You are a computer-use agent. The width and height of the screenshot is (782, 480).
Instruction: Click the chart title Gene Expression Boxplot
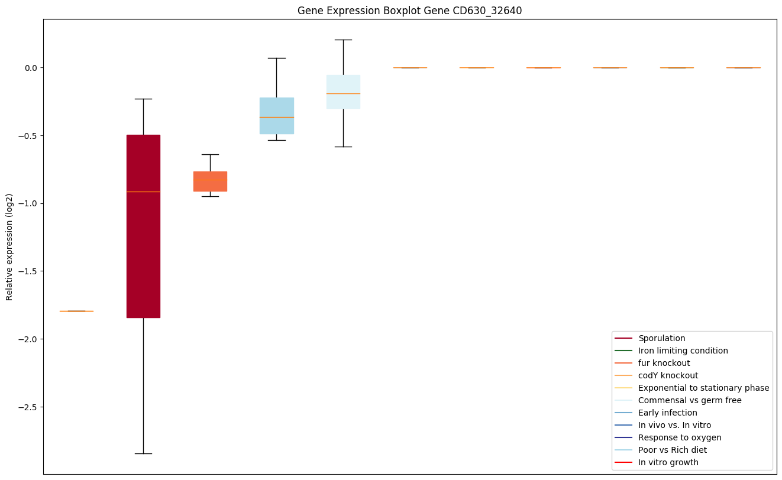coord(409,11)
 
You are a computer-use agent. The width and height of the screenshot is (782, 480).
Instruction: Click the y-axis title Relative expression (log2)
coord(9,247)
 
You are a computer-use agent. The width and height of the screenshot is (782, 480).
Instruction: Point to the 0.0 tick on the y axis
coord(30,68)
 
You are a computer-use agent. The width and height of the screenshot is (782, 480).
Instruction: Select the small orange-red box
coord(210,181)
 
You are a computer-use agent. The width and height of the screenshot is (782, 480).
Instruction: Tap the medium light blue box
coord(277,116)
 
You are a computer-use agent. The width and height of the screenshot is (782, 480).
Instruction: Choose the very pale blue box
coord(343,92)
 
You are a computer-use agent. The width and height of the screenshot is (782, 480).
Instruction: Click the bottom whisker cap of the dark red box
coord(143,453)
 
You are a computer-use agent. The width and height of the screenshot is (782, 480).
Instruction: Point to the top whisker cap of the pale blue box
coord(343,40)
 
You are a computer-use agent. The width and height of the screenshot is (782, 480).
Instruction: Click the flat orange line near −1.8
coord(76,311)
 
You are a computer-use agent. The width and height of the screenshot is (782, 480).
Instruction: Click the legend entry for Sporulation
coord(661,339)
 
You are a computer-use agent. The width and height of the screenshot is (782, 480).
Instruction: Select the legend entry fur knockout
coord(664,364)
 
